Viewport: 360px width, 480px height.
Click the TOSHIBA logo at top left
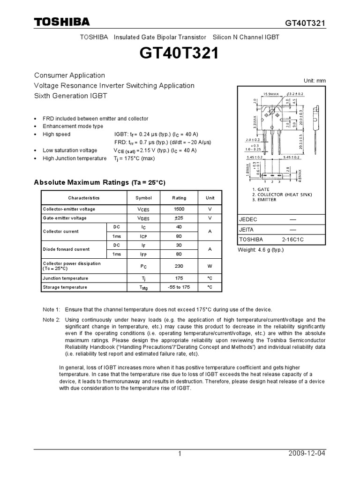61,22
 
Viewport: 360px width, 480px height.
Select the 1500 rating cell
179,209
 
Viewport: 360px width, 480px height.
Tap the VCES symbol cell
143,209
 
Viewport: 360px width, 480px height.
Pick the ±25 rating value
179,218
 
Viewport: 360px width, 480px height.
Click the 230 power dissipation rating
179,266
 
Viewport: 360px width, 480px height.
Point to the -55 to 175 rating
179,287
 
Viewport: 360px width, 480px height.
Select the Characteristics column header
84,198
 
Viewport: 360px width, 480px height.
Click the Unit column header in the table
210,198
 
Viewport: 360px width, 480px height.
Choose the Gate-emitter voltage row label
65,218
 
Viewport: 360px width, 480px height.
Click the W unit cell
210,266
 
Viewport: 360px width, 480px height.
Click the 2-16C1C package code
292,239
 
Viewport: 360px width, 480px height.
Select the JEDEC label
248,219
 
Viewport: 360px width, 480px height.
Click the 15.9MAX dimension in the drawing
271,94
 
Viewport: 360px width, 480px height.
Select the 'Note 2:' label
51,320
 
